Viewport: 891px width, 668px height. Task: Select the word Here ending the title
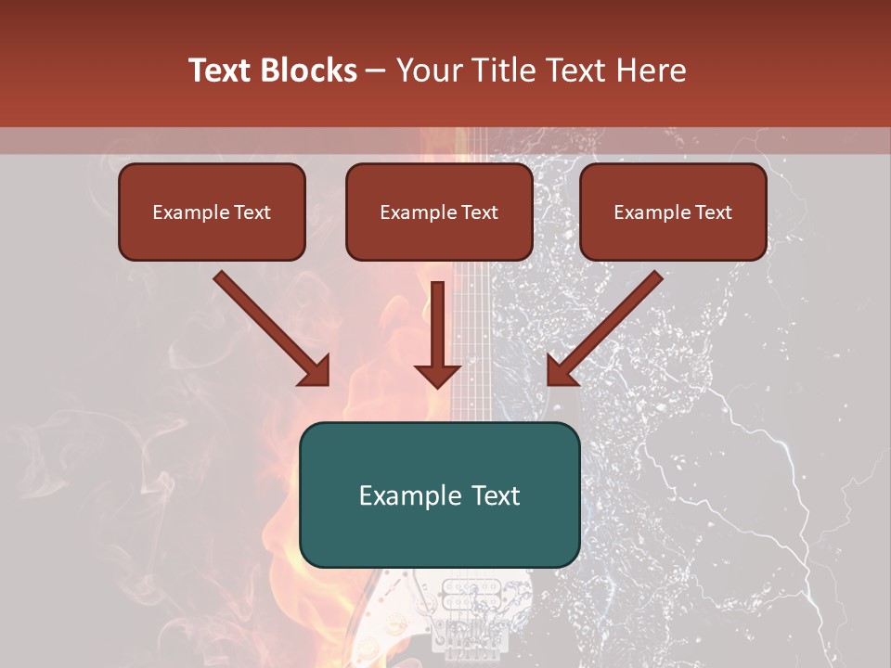click(x=653, y=71)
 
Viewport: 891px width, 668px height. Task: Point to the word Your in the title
click(x=427, y=71)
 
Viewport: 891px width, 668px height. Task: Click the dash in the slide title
click(x=377, y=71)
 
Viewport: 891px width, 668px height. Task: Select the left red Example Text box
click(x=212, y=212)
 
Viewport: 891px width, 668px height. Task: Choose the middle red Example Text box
click(x=439, y=212)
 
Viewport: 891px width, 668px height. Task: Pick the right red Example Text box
click(x=673, y=212)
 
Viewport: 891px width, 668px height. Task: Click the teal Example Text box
click(x=439, y=495)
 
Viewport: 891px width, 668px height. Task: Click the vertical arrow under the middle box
click(x=437, y=334)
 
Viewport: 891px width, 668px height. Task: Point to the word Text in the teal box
click(x=494, y=495)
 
